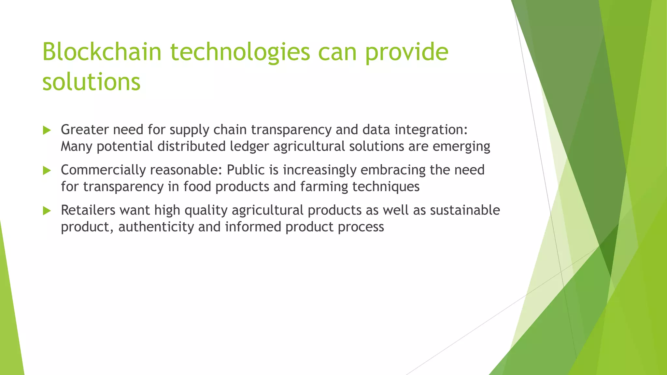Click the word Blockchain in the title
[102, 52]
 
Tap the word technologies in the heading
[240, 52]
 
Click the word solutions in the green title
[92, 82]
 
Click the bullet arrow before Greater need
[47, 131]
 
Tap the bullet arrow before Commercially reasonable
[47, 171]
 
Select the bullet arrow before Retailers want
[47, 211]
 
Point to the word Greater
[85, 130]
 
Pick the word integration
[431, 130]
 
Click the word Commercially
[103, 170]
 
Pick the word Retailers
[88, 210]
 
